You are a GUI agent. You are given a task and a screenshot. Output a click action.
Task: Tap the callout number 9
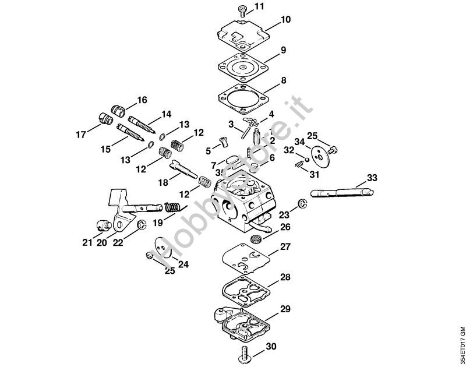283,51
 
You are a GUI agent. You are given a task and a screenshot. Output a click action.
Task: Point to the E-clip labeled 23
302,203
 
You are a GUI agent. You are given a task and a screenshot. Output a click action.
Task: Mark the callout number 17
80,135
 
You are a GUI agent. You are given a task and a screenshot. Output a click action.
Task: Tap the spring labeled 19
172,207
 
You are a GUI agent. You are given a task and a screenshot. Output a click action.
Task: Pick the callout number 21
87,243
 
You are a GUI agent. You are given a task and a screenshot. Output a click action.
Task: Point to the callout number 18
164,182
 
